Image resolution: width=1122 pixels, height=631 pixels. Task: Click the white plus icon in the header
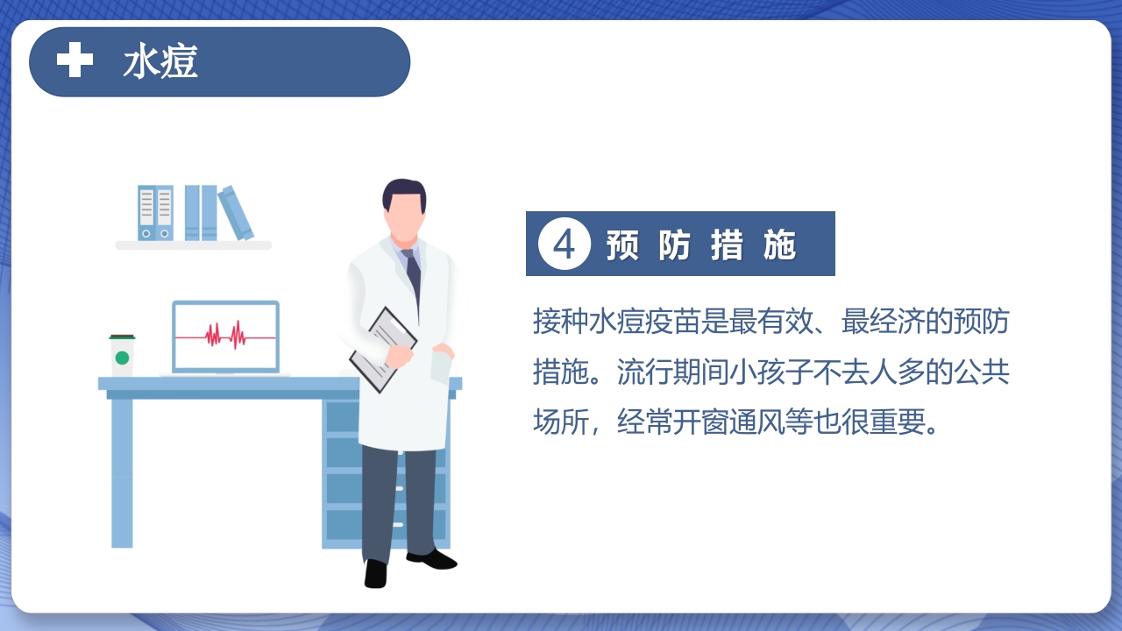[x=75, y=60]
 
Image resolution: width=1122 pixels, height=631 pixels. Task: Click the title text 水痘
[x=160, y=61]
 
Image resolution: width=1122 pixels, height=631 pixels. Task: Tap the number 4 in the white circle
[x=564, y=245]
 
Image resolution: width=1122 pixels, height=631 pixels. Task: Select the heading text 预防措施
[x=700, y=245]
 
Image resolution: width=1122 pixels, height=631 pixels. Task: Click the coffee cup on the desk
[x=122, y=355]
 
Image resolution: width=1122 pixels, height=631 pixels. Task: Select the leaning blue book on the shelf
[x=236, y=213]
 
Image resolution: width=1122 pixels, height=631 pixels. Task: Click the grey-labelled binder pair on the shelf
[x=155, y=212]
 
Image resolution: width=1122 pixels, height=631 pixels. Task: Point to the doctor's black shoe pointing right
[x=432, y=559]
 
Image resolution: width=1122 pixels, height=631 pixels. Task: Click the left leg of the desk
[x=122, y=473]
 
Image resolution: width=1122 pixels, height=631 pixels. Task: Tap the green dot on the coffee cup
[x=122, y=358]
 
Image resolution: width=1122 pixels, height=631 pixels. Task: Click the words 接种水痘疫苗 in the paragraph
[x=617, y=321]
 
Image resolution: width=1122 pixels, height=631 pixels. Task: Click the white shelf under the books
[x=194, y=245]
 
